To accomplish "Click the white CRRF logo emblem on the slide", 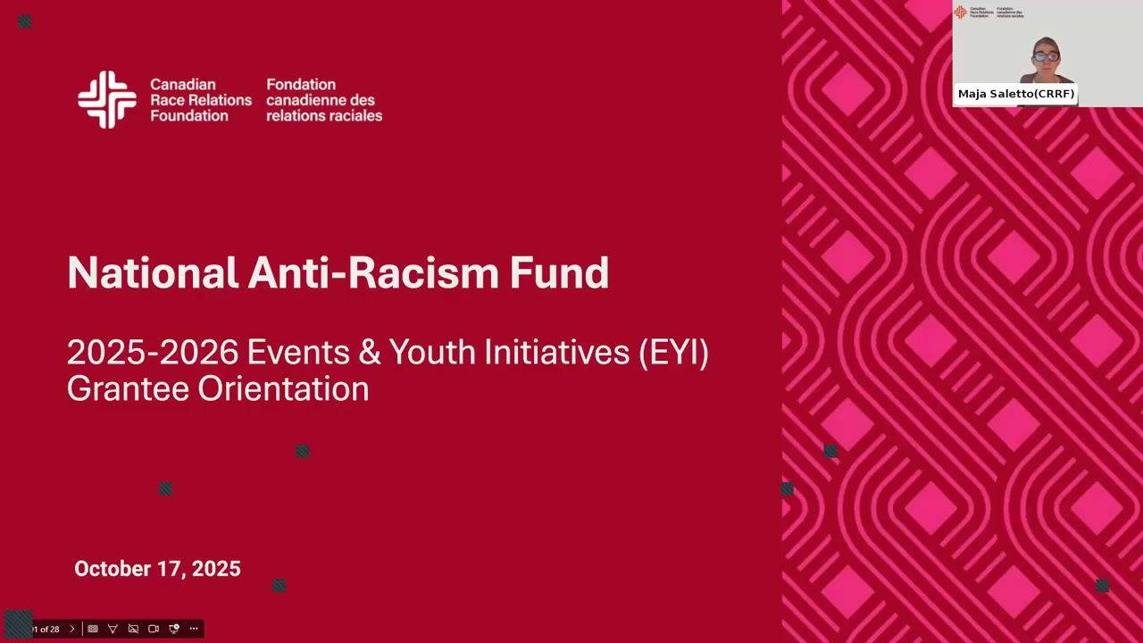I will pos(107,99).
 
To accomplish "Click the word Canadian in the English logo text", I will pos(182,85).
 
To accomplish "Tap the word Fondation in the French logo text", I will pos(301,85).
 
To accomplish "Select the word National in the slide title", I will pos(153,272).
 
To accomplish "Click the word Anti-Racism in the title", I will pos(373,272).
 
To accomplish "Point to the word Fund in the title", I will pos(559,272).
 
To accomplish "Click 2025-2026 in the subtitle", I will pos(153,353).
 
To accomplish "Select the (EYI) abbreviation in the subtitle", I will pos(673,353).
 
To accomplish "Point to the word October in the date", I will pos(111,569).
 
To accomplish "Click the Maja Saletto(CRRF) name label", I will pos(1016,94).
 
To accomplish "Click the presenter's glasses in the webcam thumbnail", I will pos(1046,56).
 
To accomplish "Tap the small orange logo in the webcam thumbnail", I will pos(960,13).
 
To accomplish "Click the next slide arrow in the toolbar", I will pos(72,629).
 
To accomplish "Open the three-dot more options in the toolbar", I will pos(194,629).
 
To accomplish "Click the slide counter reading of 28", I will pos(47,629).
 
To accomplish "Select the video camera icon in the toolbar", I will pos(154,629).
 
